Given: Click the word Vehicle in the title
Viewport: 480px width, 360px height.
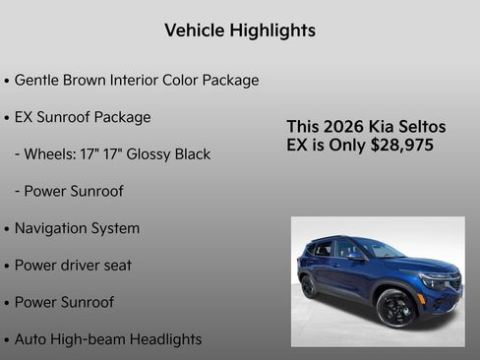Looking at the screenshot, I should pyautogui.click(x=195, y=30).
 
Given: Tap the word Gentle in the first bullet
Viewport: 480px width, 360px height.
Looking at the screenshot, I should pyautogui.click(x=37, y=80).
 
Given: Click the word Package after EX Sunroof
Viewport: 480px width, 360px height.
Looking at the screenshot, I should pyautogui.click(x=123, y=117).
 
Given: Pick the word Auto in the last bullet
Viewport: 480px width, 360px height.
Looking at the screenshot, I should pyautogui.click(x=31, y=339).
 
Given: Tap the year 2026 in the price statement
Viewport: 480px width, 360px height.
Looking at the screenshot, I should pyautogui.click(x=346, y=127).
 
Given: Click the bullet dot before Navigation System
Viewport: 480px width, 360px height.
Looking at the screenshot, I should pyautogui.click(x=7, y=229).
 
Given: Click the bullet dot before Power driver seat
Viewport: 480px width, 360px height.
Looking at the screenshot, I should pyautogui.click(x=7, y=267).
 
